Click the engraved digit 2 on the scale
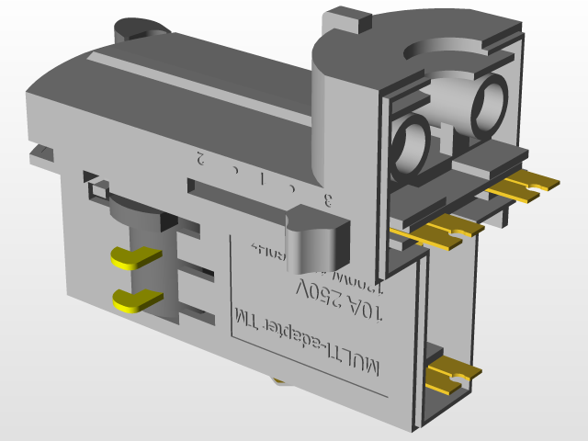pos(199,158)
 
